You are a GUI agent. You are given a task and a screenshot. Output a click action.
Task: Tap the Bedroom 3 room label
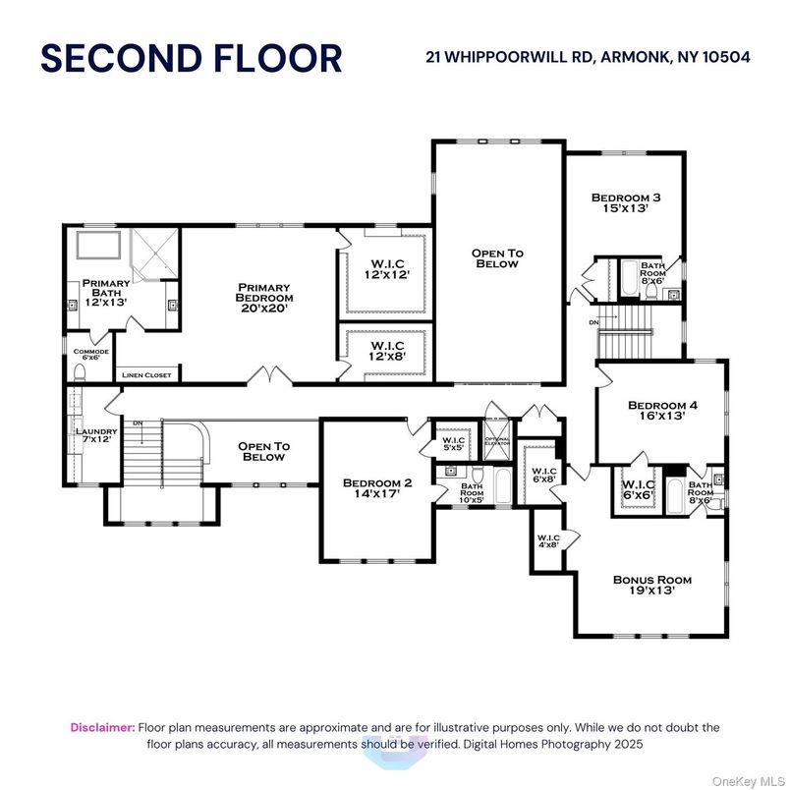point(626,202)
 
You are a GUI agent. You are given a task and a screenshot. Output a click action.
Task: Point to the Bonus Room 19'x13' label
point(651,585)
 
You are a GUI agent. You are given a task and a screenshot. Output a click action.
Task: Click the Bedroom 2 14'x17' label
point(376,489)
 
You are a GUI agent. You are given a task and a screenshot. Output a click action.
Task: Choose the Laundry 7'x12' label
point(96,436)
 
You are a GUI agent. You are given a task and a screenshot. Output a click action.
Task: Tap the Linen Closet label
point(146,375)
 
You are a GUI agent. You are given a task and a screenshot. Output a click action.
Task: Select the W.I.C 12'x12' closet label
point(382,268)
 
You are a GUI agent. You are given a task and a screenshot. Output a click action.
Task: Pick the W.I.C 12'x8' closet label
point(382,352)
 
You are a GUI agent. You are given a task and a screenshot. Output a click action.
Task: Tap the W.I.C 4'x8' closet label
point(547,540)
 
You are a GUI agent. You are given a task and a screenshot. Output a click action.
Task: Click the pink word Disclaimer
point(102,727)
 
